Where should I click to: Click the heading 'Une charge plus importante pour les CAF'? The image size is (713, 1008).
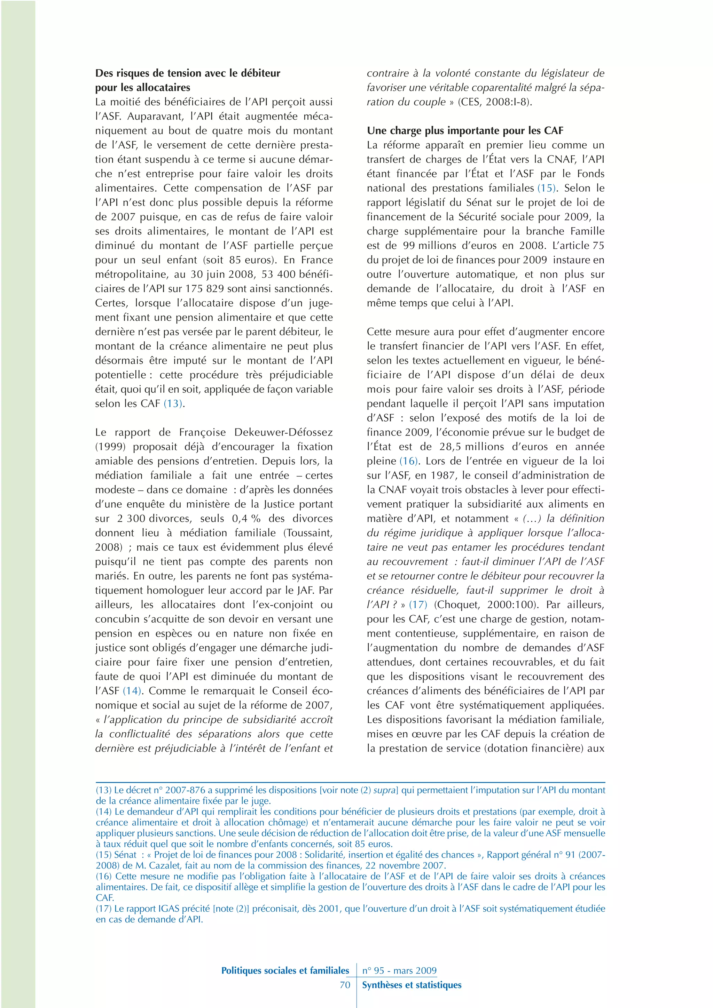pyautogui.click(x=465, y=130)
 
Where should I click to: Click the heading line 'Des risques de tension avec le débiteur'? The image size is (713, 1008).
pyautogui.click(x=188, y=73)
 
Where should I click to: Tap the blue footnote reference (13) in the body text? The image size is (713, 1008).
pyautogui.click(x=173, y=403)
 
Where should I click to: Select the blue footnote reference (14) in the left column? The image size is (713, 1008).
pyautogui.click(x=132, y=690)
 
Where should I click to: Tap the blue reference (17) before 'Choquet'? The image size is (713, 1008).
pyautogui.click(x=418, y=605)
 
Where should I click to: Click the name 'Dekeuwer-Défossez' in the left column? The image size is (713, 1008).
pyautogui.click(x=283, y=432)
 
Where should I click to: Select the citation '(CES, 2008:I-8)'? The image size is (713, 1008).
pyautogui.click(x=495, y=102)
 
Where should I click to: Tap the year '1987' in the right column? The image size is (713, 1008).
pyautogui.click(x=443, y=475)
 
